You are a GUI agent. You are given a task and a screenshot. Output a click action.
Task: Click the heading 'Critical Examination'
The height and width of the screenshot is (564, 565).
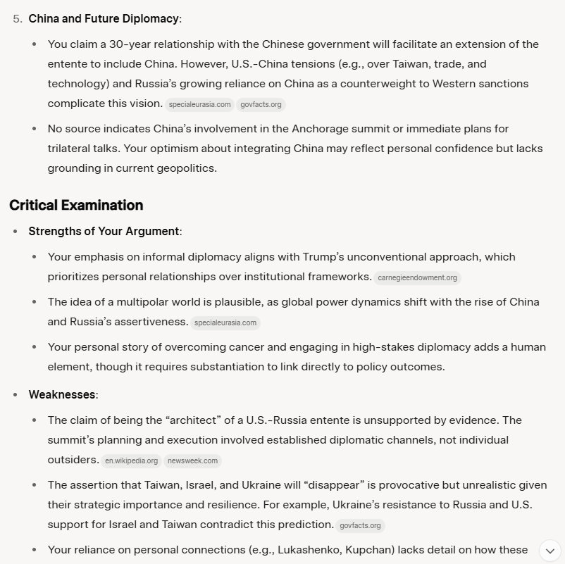point(76,205)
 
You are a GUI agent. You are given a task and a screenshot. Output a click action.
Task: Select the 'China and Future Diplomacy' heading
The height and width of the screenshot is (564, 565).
point(103,18)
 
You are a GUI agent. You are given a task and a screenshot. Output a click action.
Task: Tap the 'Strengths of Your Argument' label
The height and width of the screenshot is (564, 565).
point(104,231)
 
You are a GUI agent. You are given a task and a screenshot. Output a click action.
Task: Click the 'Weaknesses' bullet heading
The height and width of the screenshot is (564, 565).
point(61,394)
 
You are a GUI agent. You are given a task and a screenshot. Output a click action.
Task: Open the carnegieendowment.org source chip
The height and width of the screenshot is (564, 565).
point(417,277)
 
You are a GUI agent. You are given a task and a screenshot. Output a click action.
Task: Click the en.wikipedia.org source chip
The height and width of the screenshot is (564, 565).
point(130,461)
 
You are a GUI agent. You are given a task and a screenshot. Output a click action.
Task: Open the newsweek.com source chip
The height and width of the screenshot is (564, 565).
point(193,461)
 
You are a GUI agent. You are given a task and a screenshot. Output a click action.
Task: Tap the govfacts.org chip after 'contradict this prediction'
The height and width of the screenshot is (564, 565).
point(360,525)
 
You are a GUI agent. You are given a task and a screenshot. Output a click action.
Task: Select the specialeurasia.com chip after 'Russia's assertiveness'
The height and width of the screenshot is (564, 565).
point(225,322)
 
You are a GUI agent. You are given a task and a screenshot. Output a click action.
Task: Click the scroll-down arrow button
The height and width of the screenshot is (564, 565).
point(550,550)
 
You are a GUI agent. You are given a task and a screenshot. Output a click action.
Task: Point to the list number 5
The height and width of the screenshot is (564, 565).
point(17,18)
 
